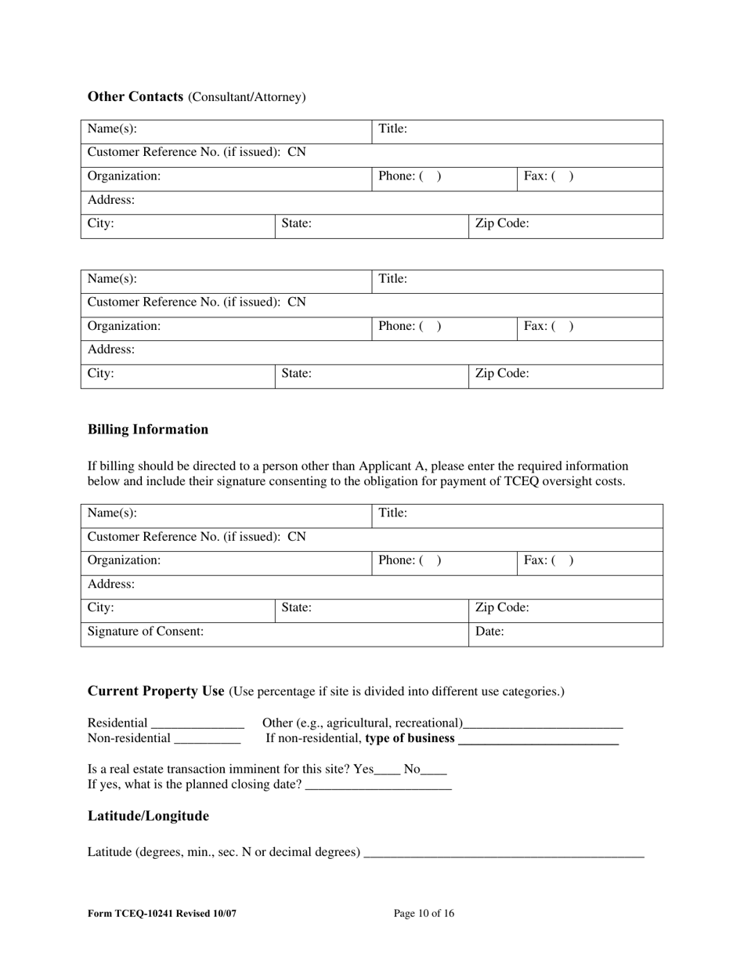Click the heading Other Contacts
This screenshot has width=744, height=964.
(135, 96)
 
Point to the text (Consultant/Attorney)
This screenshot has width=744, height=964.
(247, 97)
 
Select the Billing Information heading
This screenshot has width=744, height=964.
(148, 429)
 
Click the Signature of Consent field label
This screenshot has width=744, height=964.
(146, 631)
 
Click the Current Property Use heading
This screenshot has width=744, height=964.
(156, 691)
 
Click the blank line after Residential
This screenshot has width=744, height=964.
(197, 724)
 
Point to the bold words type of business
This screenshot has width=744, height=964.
(410, 738)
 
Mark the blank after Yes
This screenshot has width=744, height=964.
(387, 770)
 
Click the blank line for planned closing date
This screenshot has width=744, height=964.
(377, 785)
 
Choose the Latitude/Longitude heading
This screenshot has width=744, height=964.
(148, 817)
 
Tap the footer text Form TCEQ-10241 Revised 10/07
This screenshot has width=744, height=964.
(162, 913)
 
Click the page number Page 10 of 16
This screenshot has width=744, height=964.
(424, 913)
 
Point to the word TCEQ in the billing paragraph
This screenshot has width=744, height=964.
(500, 481)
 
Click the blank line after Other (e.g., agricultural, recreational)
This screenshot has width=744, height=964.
(543, 724)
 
